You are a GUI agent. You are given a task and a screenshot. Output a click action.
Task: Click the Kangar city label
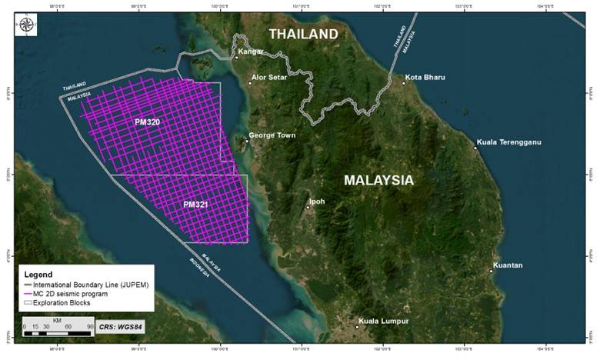[x=252, y=52]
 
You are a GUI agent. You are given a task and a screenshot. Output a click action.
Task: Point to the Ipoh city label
[x=317, y=202]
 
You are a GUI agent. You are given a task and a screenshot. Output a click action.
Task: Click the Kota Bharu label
[x=425, y=77]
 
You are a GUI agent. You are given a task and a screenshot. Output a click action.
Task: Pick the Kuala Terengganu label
[x=510, y=142]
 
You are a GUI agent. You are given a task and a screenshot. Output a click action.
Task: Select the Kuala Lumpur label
[x=384, y=321]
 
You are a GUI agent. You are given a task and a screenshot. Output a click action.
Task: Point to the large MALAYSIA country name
[x=378, y=180]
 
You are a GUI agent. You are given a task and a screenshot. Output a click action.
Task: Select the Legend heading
[x=38, y=275]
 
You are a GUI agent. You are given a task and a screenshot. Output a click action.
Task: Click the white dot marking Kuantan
[x=492, y=271]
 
